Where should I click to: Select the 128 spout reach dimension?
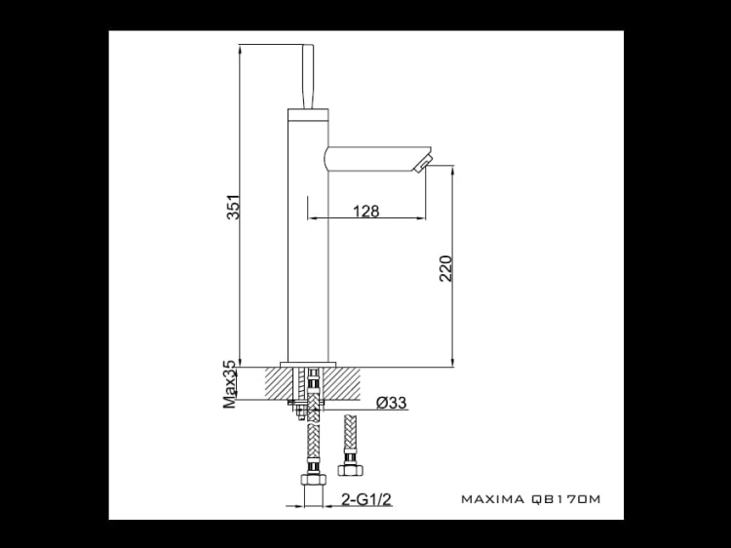365,212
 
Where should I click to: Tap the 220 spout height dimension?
446,268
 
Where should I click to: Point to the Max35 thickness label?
230,384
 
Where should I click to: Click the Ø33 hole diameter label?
391,402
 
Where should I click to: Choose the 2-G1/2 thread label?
366,499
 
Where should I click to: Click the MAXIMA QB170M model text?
530,499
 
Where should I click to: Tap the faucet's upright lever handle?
308,77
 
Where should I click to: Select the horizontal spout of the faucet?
374,159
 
